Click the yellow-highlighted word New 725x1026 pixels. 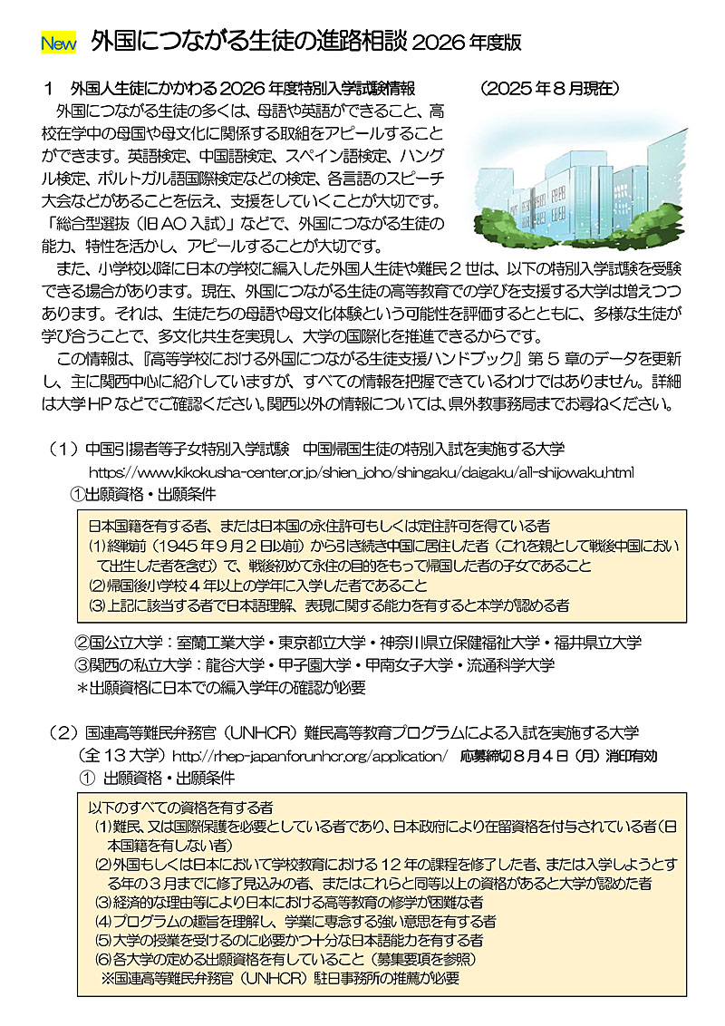59,43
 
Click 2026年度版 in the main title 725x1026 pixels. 467,42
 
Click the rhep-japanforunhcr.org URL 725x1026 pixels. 309,754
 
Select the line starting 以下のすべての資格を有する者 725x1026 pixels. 181,806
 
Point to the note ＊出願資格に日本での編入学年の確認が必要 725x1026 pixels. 221,687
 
